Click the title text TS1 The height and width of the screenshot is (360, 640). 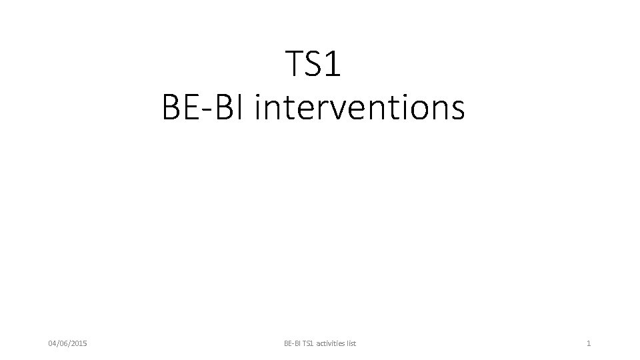313,65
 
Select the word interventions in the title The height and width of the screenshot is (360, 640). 360,107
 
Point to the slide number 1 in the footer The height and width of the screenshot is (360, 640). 588,343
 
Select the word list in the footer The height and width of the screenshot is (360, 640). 351,343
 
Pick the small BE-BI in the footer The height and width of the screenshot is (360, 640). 292,343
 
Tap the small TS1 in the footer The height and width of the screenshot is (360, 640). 307,343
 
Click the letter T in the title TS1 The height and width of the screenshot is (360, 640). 294,65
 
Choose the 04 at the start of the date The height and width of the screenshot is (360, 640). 53,343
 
